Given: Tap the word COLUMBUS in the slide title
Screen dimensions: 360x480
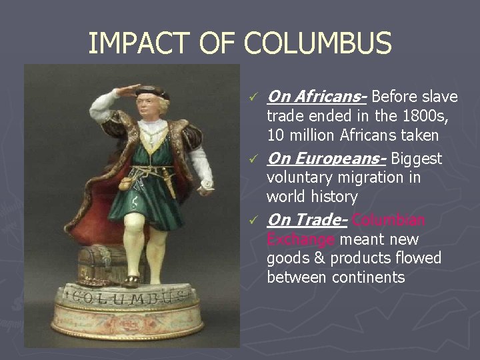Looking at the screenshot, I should click(318, 44).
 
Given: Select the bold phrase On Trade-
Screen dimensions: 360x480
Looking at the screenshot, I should click(307, 220).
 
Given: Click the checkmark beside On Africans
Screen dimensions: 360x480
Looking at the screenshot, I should click(251, 99).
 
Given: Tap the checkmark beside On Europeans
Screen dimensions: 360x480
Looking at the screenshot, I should click(251, 160).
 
